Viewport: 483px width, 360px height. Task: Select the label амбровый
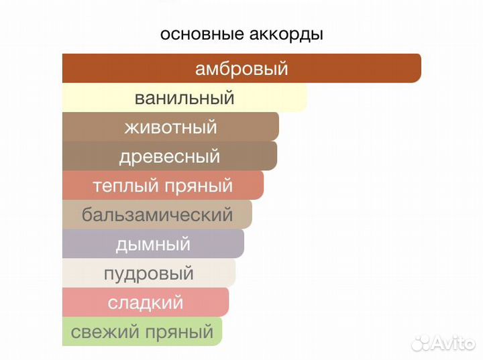241,69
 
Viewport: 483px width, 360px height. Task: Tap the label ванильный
184,98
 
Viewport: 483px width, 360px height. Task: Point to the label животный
171,127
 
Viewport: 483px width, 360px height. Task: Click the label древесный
170,156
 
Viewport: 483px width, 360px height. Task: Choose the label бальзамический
158,215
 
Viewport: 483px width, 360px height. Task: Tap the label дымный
153,244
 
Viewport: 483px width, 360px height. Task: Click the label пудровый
149,273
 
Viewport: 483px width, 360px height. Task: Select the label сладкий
146,302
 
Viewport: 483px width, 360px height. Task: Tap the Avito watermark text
453,343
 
